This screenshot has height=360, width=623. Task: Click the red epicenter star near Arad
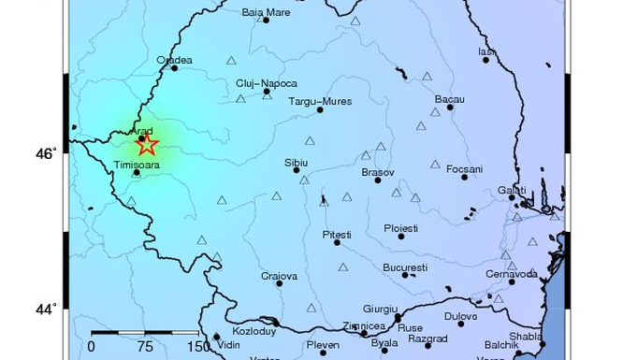[145, 144]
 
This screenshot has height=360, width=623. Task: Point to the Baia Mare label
[266, 12]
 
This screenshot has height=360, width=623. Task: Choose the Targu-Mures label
[318, 100]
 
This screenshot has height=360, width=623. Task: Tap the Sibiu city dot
[297, 170]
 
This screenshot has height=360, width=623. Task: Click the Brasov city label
[377, 172]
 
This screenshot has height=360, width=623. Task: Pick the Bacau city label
[450, 99]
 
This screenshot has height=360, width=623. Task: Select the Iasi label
[485, 51]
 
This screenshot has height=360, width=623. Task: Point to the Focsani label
[464, 168]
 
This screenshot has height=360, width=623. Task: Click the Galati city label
[512, 189]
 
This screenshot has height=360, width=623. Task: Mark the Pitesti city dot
[338, 242]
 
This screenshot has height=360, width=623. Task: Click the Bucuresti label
[404, 266]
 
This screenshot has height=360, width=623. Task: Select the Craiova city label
[279, 276]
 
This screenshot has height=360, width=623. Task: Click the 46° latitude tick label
[47, 152]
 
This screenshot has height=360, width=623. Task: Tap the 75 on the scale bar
[144, 347]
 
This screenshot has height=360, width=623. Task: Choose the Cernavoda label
[511, 273]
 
